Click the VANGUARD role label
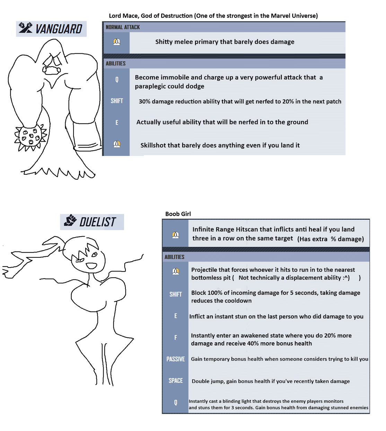[x=59, y=29]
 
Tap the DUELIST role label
[x=97, y=222]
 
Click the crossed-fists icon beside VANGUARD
[x=26, y=28]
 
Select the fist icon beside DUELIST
[x=70, y=220]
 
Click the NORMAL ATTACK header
[x=123, y=27]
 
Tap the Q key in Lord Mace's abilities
[x=117, y=80]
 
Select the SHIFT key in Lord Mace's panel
[x=117, y=101]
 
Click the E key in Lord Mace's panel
[x=117, y=123]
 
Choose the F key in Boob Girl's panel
[x=176, y=337]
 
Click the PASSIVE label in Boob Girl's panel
[x=176, y=359]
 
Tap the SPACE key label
[x=176, y=380]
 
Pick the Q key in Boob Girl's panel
[x=176, y=402]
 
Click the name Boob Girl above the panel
[x=178, y=214]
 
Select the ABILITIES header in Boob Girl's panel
[x=174, y=257]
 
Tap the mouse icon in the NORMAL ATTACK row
[x=117, y=42]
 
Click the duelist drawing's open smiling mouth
[x=91, y=266]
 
